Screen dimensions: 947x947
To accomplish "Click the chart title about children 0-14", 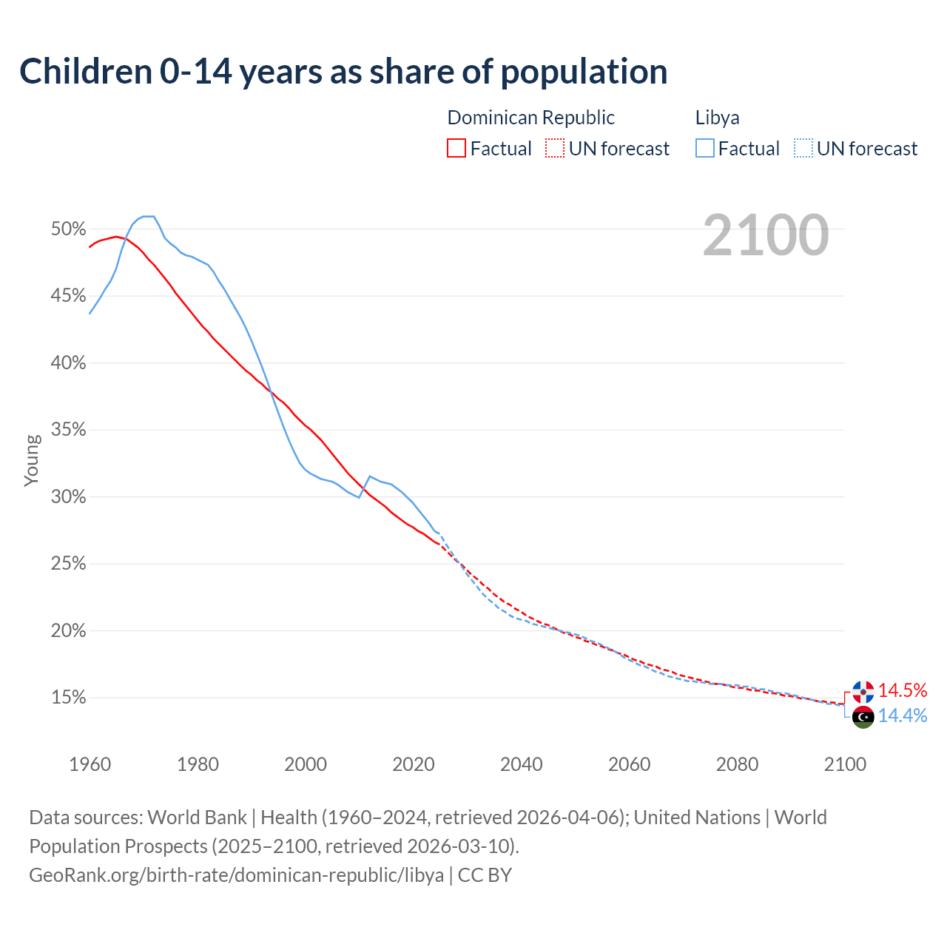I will [343, 72].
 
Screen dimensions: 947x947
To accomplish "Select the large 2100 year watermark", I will [766, 235].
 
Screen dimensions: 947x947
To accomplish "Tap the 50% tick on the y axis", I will [68, 229].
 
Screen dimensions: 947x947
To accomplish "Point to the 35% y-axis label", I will [68, 430].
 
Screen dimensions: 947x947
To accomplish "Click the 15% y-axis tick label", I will [68, 698].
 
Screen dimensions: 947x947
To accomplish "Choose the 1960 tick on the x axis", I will [90, 764].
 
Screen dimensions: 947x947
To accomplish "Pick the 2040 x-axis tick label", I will [521, 764].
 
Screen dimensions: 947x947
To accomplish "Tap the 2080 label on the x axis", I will [737, 764].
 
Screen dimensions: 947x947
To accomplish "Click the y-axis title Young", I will [32, 460].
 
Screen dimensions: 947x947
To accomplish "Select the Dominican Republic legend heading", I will [530, 118].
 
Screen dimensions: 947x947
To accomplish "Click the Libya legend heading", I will [717, 118].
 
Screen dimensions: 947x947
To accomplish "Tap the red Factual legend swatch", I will [456, 149].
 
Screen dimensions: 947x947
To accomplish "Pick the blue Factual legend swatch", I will [704, 149].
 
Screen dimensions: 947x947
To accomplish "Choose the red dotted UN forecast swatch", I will [555, 149].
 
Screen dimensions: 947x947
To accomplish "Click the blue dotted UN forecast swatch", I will [803, 149].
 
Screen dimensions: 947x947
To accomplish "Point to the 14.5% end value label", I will [903, 690].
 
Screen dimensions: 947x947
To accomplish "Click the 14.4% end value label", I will [903, 715].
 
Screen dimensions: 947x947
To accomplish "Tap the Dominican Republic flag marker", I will [863, 692].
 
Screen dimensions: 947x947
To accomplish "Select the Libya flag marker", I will [863, 717].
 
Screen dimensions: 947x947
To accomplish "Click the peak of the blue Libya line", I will [148, 216].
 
